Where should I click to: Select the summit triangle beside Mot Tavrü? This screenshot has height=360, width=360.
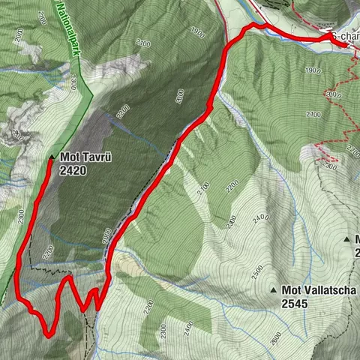[50, 158]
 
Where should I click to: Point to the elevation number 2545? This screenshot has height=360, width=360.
[296, 304]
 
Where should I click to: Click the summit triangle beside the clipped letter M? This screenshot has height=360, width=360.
[346, 239]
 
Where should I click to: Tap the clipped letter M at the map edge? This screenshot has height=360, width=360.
[357, 239]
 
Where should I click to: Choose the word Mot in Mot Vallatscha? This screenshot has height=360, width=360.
[292, 289]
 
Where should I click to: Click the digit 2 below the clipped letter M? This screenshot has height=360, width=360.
[357, 253]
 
